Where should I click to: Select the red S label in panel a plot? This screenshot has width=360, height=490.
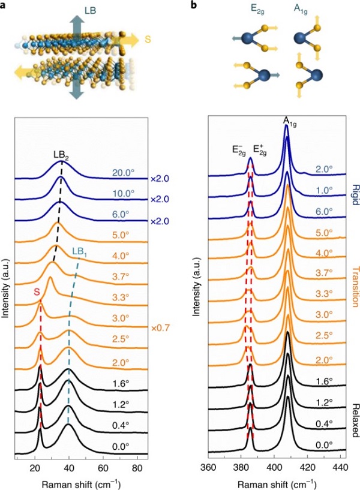click(x=38, y=292)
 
